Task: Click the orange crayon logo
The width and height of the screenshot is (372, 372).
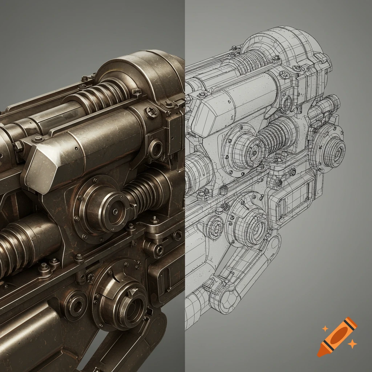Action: [x=337, y=336]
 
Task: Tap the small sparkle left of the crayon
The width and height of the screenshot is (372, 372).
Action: [x=325, y=328]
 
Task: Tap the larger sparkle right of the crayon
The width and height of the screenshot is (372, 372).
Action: [x=351, y=344]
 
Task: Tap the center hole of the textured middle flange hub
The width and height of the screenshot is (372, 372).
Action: [x=115, y=211]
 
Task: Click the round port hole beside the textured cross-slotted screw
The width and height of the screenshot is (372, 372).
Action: [x=156, y=149]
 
